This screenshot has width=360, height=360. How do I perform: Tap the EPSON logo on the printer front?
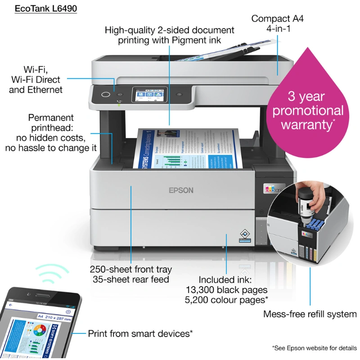pos(181,190)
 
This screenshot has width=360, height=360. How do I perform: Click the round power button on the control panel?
pos(106,94)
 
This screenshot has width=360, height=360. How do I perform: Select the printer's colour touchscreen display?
pos(148,95)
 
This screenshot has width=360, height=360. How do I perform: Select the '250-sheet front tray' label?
pos(131,270)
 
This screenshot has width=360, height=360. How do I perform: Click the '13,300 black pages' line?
pos(227,290)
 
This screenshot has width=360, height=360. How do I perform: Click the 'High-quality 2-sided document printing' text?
pos(170,35)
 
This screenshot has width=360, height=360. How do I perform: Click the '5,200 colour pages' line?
pos(227,300)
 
